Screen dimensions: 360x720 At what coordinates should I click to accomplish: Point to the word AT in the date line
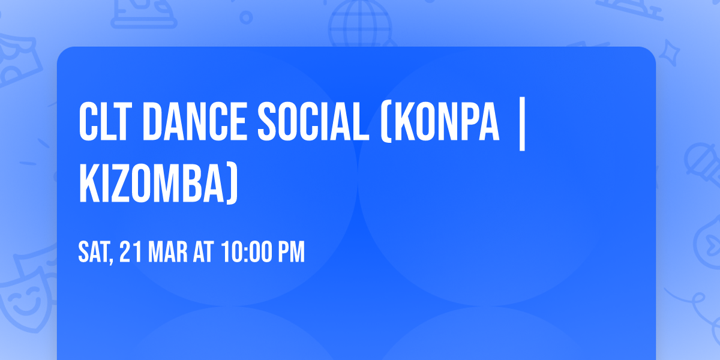[202, 252]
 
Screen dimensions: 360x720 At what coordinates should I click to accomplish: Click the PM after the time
[290, 252]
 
